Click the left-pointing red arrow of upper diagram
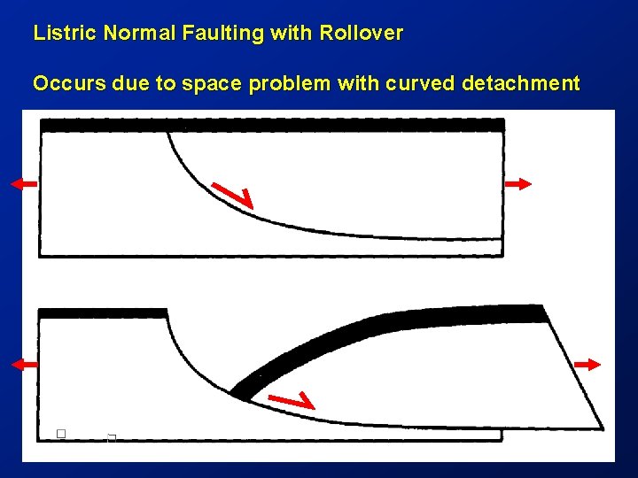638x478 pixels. (24, 183)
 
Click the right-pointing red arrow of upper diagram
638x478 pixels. (518, 183)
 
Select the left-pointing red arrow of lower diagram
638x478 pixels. (25, 364)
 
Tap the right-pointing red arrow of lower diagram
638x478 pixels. (587, 364)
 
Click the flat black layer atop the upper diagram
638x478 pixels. (272, 126)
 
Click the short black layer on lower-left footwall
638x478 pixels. (103, 313)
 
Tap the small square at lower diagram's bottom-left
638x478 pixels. (61, 433)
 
